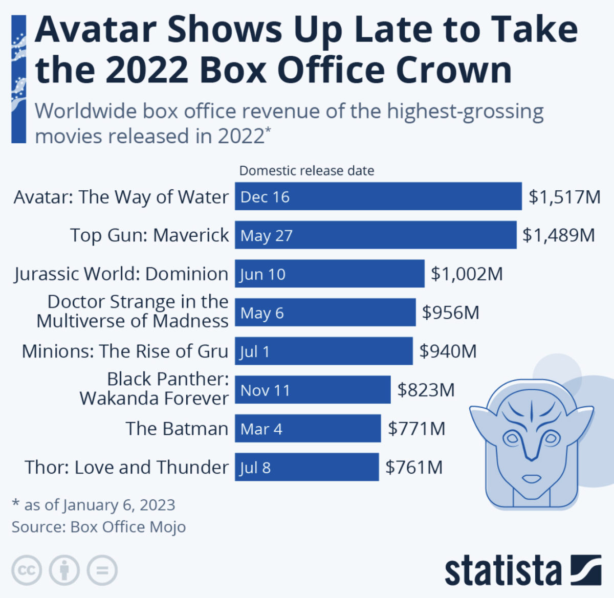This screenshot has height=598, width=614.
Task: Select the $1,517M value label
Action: (x=564, y=197)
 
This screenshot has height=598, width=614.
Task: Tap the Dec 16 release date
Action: (x=265, y=197)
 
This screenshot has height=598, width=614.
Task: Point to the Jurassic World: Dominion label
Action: (x=121, y=274)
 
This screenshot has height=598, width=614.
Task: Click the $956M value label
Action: (x=450, y=313)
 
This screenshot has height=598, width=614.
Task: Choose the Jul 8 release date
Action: (x=255, y=468)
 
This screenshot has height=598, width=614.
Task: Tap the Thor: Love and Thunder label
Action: (x=126, y=468)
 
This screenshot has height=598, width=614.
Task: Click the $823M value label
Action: (x=426, y=390)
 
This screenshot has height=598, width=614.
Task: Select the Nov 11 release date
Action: (x=265, y=390)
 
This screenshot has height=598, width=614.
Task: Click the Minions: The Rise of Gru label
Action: (x=125, y=351)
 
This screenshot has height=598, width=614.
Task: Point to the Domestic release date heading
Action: (x=306, y=171)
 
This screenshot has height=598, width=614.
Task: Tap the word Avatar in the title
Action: (x=96, y=30)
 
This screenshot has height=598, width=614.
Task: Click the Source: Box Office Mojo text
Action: (x=99, y=527)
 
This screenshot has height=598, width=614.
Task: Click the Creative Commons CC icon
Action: (x=27, y=570)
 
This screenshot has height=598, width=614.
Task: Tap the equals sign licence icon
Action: (x=102, y=570)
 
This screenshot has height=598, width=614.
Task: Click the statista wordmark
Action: (x=503, y=571)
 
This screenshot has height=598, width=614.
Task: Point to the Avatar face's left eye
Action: (x=511, y=438)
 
